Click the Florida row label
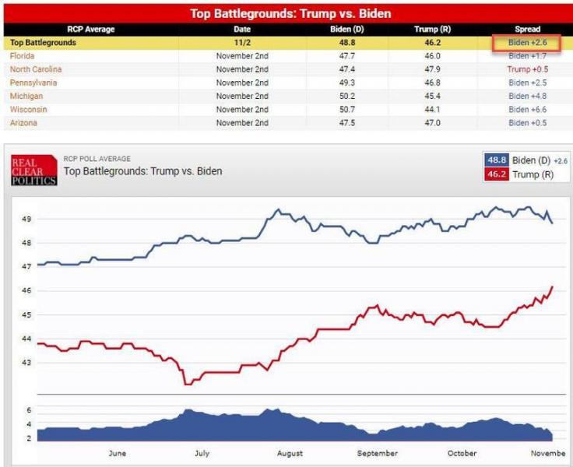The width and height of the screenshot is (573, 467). [x=21, y=56]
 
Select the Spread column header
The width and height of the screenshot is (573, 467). [x=527, y=30]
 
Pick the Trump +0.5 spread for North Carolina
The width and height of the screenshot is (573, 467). [x=529, y=69]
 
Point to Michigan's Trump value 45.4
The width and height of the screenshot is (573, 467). [x=427, y=97]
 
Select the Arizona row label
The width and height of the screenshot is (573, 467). [x=23, y=123]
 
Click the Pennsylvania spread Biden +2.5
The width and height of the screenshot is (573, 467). [x=529, y=83]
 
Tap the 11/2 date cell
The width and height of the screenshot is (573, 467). [x=242, y=43]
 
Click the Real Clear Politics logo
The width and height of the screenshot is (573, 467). [x=33, y=170]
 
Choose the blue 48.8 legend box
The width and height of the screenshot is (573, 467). [x=496, y=160]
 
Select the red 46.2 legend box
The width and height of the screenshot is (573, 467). [x=496, y=174]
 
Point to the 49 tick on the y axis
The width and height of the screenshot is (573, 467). [x=26, y=219]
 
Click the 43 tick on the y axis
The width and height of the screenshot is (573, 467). [x=26, y=363]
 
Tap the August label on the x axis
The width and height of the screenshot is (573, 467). [x=290, y=453]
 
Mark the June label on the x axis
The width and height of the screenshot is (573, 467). [x=117, y=453]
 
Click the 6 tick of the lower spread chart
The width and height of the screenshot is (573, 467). [x=28, y=410]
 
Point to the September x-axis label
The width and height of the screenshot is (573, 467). [x=377, y=453]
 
